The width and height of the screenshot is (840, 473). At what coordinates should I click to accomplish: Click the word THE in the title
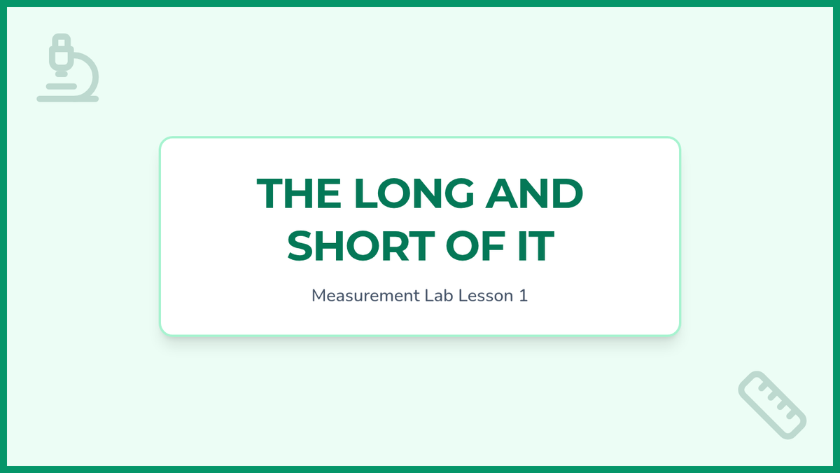pos(299,193)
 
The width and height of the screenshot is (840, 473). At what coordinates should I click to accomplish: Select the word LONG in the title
pos(414,193)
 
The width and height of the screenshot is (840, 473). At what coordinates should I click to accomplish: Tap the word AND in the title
pos(534,193)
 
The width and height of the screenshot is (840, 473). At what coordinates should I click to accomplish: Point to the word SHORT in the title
pos(360,246)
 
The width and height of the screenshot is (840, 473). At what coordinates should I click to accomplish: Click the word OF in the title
pos(475,246)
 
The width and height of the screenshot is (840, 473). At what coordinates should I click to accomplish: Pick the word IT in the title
pos(536,246)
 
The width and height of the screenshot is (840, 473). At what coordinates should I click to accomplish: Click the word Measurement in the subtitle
pos(365,296)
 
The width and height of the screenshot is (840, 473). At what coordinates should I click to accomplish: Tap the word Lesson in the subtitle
pos(486,296)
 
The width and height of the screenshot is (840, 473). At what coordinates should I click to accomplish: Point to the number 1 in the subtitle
pos(524,296)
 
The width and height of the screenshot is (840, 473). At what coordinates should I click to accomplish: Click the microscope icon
pos(67,67)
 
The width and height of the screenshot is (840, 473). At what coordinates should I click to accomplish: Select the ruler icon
pos(773,405)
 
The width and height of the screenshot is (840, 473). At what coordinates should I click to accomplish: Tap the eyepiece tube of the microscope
pos(60,53)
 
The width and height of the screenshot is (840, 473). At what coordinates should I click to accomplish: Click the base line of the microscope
pos(67,99)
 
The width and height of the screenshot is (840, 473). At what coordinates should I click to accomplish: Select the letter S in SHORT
pos(301,246)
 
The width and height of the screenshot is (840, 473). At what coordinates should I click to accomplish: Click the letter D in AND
pos(568,193)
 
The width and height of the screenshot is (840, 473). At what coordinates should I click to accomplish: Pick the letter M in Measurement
pos(318,296)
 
